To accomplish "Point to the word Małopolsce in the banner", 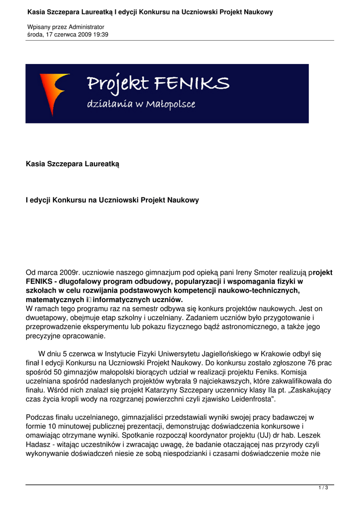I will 172,105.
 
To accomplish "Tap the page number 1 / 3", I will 323,488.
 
